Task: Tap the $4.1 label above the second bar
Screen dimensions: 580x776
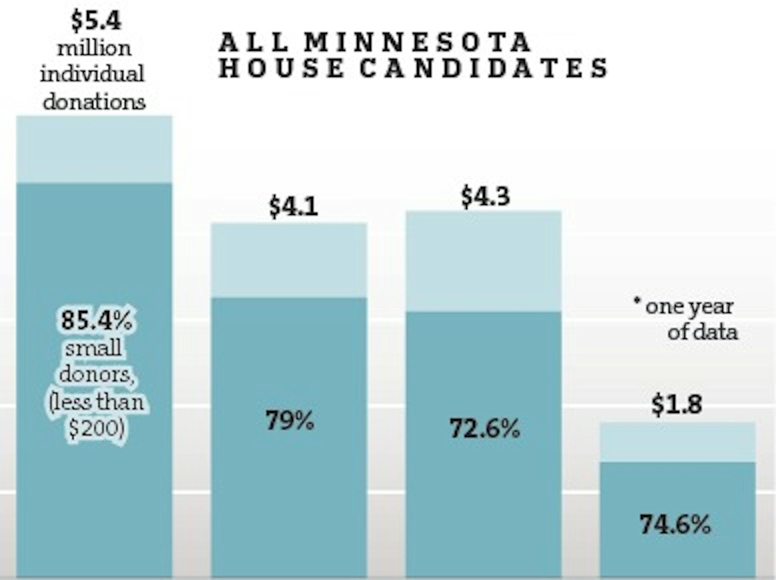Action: pos(294,207)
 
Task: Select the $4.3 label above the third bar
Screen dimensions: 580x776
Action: pos(485,197)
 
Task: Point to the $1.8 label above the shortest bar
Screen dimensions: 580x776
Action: pos(676,404)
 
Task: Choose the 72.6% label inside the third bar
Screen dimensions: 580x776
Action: pos(485,429)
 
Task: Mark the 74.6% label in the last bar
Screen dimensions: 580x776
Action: pos(675,524)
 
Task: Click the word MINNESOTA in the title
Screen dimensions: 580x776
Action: pos(418,42)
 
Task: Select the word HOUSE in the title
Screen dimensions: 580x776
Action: pos(281,68)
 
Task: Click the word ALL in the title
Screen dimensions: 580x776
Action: pos(254,42)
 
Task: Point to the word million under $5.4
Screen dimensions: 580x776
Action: pos(94,49)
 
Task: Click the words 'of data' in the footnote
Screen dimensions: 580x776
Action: pos(702,332)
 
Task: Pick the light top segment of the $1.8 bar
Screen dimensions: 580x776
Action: pos(678,442)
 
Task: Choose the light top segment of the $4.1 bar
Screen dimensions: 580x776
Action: pos(289,261)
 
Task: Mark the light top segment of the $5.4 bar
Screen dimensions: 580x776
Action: pos(94,149)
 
